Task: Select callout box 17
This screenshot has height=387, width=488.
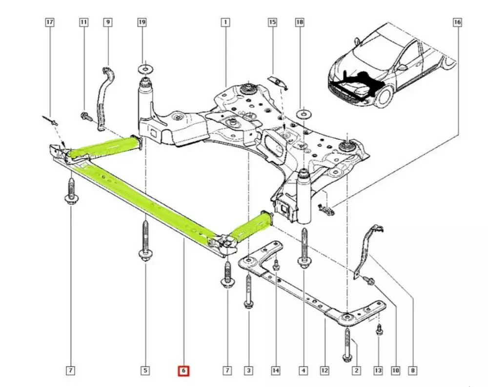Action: [x=50, y=22]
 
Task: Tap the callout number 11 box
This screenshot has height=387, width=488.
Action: [x=84, y=22]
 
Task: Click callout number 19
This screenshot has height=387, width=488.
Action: [x=142, y=22]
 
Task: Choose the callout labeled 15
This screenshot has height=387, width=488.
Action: [x=272, y=22]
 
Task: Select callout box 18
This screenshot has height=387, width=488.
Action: [x=300, y=22]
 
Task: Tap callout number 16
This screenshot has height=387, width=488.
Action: [x=457, y=22]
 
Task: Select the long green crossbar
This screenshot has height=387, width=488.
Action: [x=146, y=200]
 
